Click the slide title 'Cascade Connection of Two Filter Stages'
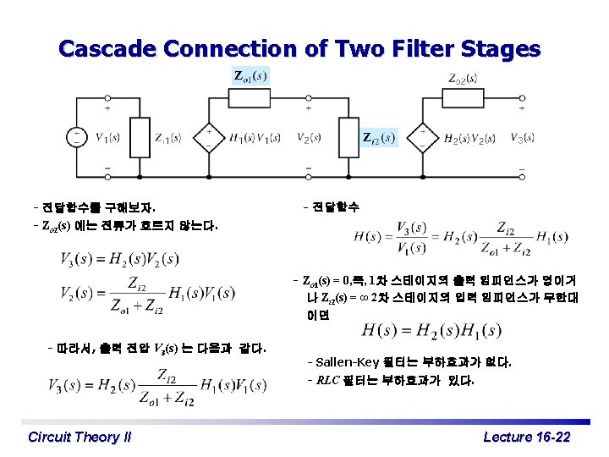coord(299,49)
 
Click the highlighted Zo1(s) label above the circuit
coord(250,76)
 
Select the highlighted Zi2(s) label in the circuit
coord(377,137)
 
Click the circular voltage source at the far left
coord(76,138)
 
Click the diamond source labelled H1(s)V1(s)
coord(208,138)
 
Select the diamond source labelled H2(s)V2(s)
coord(422,138)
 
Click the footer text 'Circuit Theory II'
coord(80,437)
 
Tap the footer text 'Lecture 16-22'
coord(526,437)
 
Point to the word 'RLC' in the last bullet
coord(329,380)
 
